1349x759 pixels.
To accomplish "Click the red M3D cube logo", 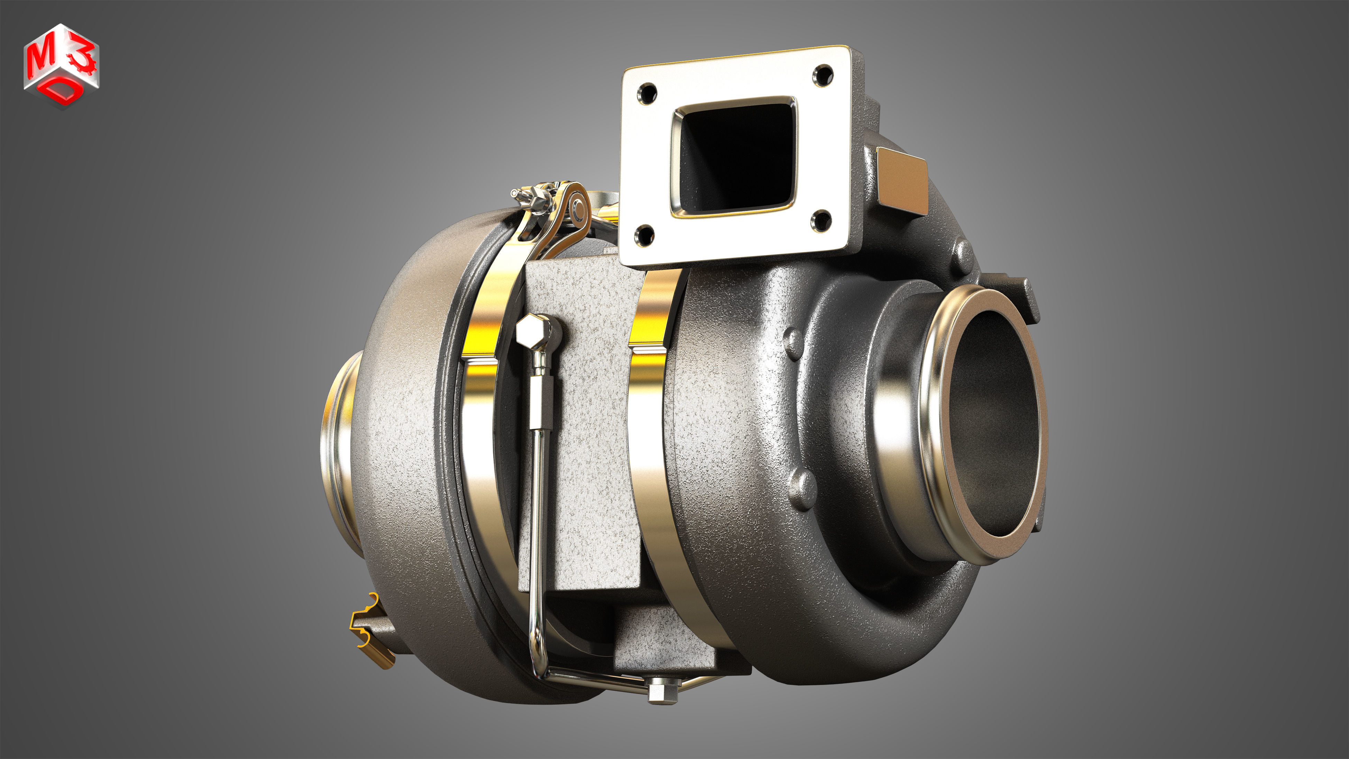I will click(x=61, y=65).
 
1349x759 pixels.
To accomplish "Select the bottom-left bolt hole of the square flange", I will click(x=644, y=235).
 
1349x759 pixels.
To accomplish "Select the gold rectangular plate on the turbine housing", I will click(x=902, y=181).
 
